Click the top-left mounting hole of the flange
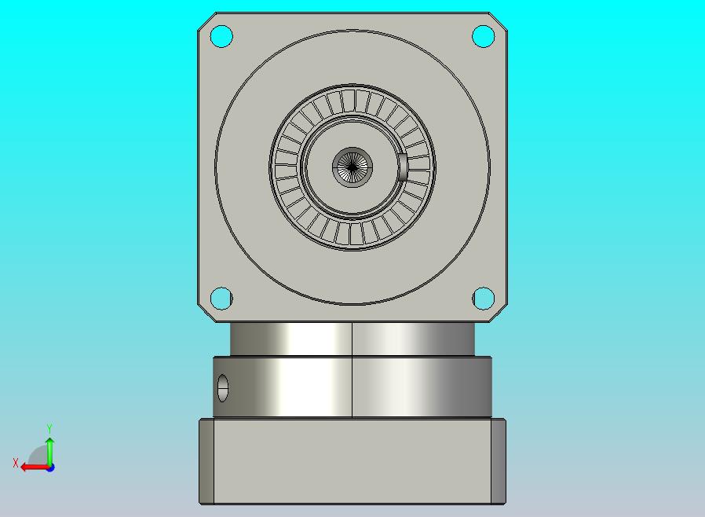(x=221, y=36)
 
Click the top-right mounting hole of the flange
(x=484, y=36)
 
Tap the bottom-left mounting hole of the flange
(x=221, y=299)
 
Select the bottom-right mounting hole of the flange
(x=484, y=299)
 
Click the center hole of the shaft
(x=352, y=167)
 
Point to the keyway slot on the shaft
(x=403, y=167)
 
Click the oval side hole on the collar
(x=222, y=388)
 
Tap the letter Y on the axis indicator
(x=49, y=428)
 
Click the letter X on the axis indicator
(x=16, y=463)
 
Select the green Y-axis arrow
(x=50, y=452)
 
